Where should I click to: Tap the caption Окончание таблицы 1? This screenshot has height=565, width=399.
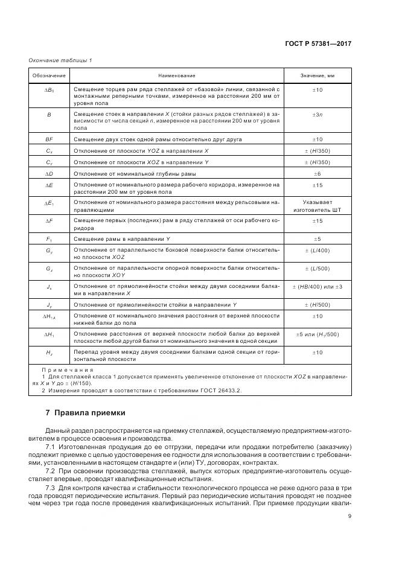[60, 60]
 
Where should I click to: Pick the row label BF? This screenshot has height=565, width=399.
[49, 139]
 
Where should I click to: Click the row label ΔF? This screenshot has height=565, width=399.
[49, 222]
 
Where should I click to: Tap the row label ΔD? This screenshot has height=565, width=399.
[49, 173]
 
